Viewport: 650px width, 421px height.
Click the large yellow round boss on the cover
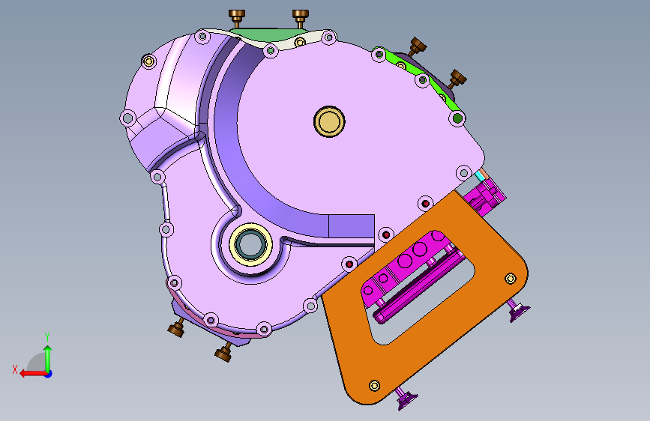click(x=329, y=121)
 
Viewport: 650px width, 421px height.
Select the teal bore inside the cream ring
click(x=250, y=244)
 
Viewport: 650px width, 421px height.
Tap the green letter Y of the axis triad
click(x=47, y=336)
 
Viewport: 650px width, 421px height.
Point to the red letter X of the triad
click(x=15, y=369)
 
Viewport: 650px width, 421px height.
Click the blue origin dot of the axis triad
click(x=49, y=374)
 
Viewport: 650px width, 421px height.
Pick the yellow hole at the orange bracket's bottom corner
click(x=374, y=386)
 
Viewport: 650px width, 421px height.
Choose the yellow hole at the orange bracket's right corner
click(x=511, y=279)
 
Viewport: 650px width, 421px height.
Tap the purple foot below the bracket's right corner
click(x=517, y=310)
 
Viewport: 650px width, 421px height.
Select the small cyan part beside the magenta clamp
click(x=480, y=176)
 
